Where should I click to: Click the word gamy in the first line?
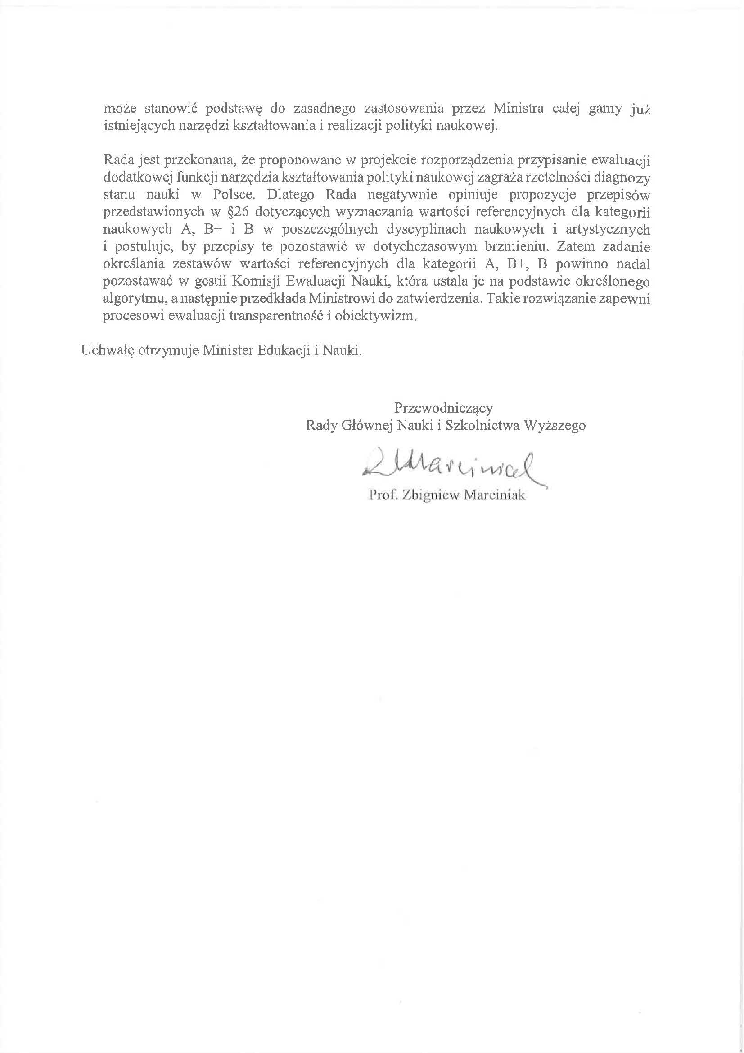[x=605, y=109]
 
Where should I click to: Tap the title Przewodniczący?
[x=443, y=407]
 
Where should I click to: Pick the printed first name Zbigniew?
[x=430, y=496]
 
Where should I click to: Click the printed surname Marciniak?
[x=494, y=496]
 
